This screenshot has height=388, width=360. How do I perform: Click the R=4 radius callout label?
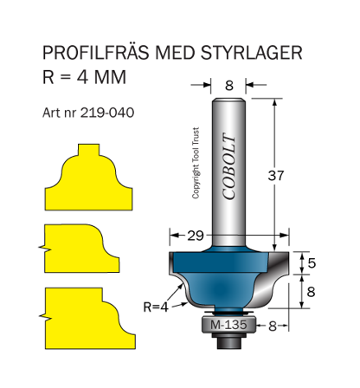point(157,305)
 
